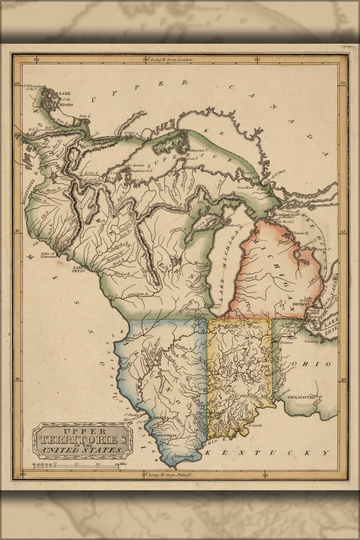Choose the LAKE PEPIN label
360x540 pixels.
[80, 268]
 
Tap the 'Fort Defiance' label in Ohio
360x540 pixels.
[286, 342]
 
